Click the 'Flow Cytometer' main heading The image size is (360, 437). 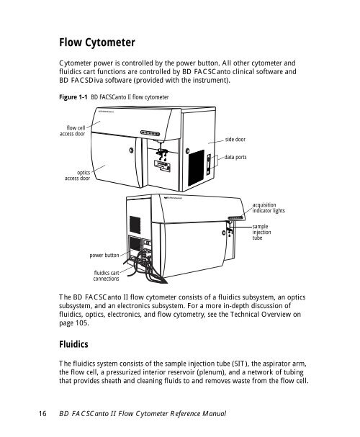(x=97, y=42)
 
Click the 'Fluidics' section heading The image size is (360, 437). (x=73, y=344)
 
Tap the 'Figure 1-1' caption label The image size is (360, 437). (x=73, y=97)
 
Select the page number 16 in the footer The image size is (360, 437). (x=42, y=413)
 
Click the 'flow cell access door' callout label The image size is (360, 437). (x=73, y=131)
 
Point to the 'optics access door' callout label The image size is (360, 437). (x=78, y=175)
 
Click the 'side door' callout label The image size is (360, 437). (x=235, y=140)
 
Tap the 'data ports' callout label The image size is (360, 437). (x=235, y=157)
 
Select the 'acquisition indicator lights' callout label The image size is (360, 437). (x=269, y=208)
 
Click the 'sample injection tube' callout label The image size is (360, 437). (x=261, y=232)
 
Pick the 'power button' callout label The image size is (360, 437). (x=104, y=256)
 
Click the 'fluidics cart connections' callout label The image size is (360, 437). (x=106, y=276)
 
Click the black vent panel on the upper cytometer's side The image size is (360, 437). (x=196, y=168)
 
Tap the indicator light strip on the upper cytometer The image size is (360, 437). (x=150, y=133)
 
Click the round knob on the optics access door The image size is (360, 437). (x=131, y=150)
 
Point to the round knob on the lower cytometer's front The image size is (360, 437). (x=224, y=233)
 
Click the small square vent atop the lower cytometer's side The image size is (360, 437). (x=135, y=225)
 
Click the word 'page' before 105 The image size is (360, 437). (x=66, y=323)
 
